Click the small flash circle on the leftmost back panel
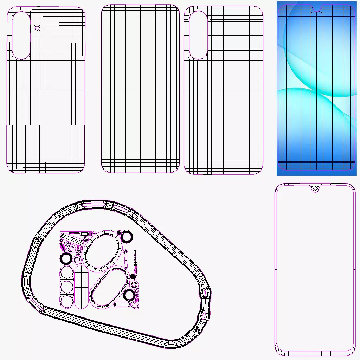37,28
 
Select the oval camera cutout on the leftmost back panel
21,35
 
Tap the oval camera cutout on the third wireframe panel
198,35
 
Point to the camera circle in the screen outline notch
315,189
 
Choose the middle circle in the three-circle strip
66,287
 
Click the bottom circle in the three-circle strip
66,301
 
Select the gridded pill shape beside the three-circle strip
82,287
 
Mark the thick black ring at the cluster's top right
127,237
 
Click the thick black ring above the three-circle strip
66,259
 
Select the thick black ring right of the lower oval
129,295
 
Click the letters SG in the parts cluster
80,248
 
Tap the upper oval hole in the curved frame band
204,292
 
